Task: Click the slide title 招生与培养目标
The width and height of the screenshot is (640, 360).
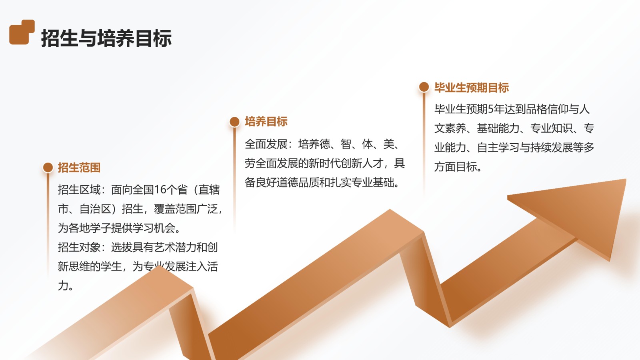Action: (106, 38)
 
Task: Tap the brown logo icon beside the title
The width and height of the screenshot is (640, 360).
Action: (22, 32)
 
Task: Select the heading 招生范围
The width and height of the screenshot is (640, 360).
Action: (79, 168)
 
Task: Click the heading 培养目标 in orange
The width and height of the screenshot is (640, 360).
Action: (266, 122)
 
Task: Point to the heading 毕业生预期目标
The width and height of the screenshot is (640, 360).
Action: (472, 88)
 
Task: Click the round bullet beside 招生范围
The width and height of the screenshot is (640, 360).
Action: (48, 168)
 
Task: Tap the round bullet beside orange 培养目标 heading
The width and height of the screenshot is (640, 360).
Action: (234, 122)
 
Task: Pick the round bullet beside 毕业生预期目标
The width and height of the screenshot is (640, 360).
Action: (424, 87)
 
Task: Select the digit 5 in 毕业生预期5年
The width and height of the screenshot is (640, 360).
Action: (490, 109)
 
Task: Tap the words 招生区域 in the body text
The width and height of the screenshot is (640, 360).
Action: (79, 190)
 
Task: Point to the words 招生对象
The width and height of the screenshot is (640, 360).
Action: (79, 248)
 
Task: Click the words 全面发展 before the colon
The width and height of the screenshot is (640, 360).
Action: (266, 144)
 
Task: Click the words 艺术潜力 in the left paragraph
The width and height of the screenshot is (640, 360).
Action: (176, 248)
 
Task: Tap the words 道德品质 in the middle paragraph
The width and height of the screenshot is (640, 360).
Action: (298, 182)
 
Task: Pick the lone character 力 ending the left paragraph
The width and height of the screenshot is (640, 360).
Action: (63, 286)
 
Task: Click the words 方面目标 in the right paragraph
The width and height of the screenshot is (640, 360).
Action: (456, 167)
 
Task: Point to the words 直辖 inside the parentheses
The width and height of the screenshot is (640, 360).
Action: (209, 190)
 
